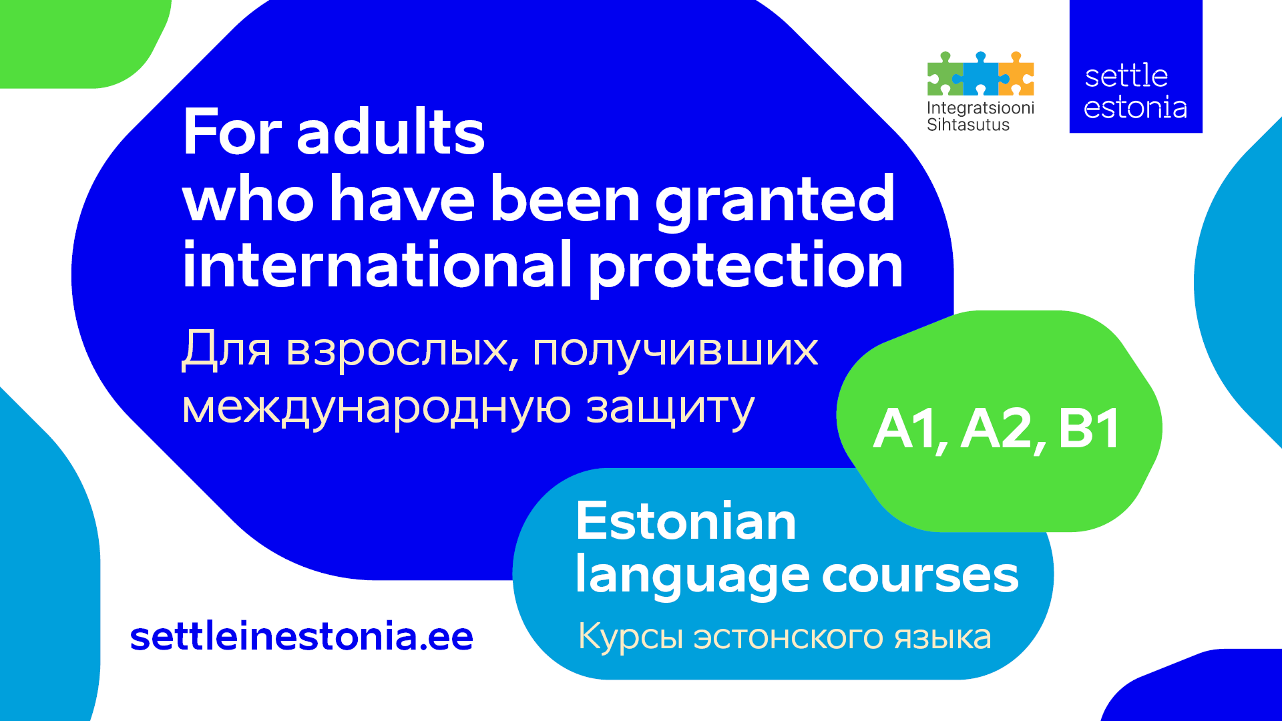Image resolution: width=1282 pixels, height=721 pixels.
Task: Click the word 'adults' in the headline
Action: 391,132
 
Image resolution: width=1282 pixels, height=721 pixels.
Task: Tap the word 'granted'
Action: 775,201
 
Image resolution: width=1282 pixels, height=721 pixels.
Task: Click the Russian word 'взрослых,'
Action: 403,350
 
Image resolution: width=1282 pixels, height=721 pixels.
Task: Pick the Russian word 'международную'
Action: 377,409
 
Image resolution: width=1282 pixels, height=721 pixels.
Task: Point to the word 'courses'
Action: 920,576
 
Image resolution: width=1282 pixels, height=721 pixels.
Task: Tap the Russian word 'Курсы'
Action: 631,637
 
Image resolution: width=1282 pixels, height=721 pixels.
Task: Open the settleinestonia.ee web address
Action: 302,636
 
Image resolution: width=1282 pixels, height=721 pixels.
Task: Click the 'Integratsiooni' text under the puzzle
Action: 980,108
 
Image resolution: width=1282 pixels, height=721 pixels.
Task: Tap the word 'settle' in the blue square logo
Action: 1126,76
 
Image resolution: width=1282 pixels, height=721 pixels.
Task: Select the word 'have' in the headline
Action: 403,200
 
